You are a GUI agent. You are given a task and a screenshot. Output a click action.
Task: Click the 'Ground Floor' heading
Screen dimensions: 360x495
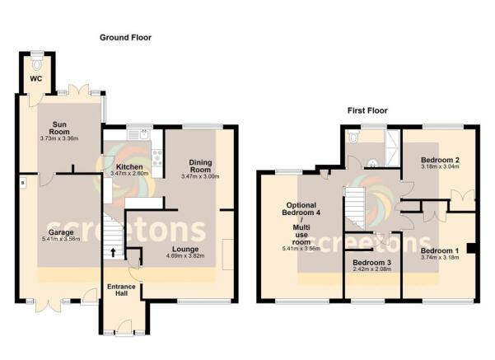click(125, 37)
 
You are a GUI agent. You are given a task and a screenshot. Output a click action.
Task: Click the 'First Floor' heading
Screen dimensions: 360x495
click(367, 110)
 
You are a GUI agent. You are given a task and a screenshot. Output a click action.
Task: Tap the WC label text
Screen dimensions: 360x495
click(36, 79)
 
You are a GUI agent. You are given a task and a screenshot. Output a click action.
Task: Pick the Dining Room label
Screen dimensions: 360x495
click(200, 166)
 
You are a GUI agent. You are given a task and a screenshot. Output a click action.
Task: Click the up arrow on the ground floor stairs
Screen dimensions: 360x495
click(114, 253)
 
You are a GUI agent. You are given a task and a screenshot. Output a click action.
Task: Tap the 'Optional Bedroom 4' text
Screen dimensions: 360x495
click(301, 209)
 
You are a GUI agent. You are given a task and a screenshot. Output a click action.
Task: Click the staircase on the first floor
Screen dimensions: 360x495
click(353, 207)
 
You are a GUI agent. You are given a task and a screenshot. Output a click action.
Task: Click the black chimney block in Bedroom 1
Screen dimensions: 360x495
click(469, 246)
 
